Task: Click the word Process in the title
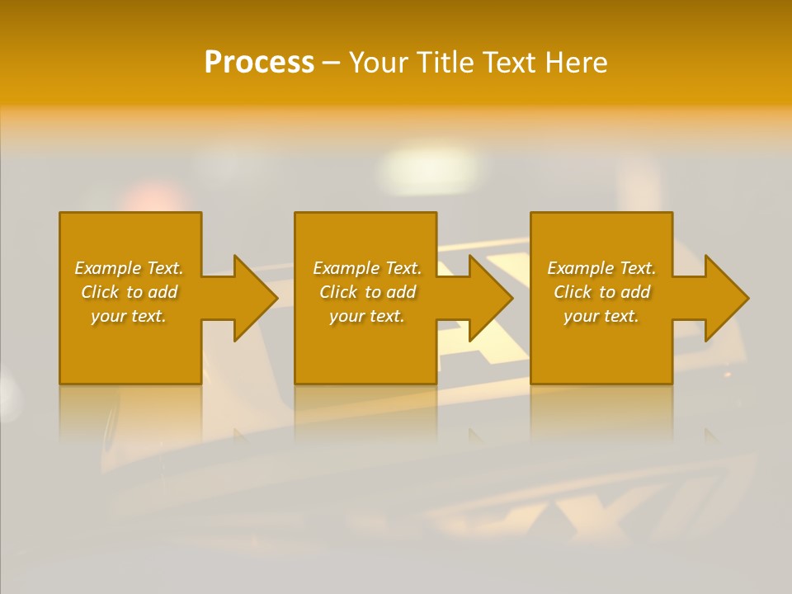point(259,63)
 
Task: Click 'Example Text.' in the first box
point(129,268)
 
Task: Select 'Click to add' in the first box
point(129,292)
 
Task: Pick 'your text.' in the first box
point(129,316)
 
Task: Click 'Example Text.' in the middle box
point(367,268)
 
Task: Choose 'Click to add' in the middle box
point(367,292)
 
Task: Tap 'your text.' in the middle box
point(367,316)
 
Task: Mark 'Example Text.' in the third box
point(601,268)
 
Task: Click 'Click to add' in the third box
point(601,292)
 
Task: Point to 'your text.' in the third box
point(601,316)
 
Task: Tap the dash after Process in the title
point(331,64)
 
